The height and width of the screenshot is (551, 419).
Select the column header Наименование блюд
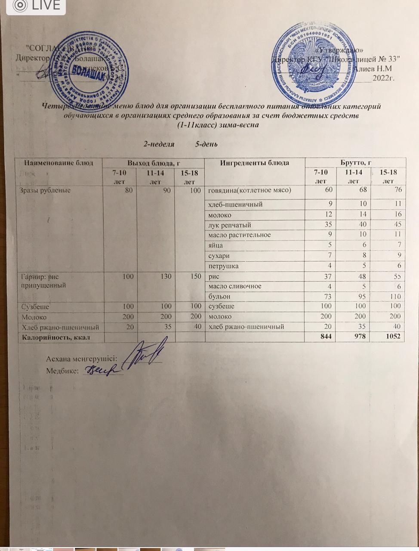[59, 163]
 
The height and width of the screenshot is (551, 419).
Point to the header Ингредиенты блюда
[255, 163]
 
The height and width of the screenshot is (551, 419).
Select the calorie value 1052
[393, 337]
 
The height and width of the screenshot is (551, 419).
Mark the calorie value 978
[360, 337]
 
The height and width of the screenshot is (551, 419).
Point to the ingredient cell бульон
[219, 297]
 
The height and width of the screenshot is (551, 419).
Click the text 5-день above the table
[206, 144]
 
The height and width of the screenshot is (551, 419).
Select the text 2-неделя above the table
[159, 144]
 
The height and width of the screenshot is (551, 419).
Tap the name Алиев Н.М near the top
[373, 68]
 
